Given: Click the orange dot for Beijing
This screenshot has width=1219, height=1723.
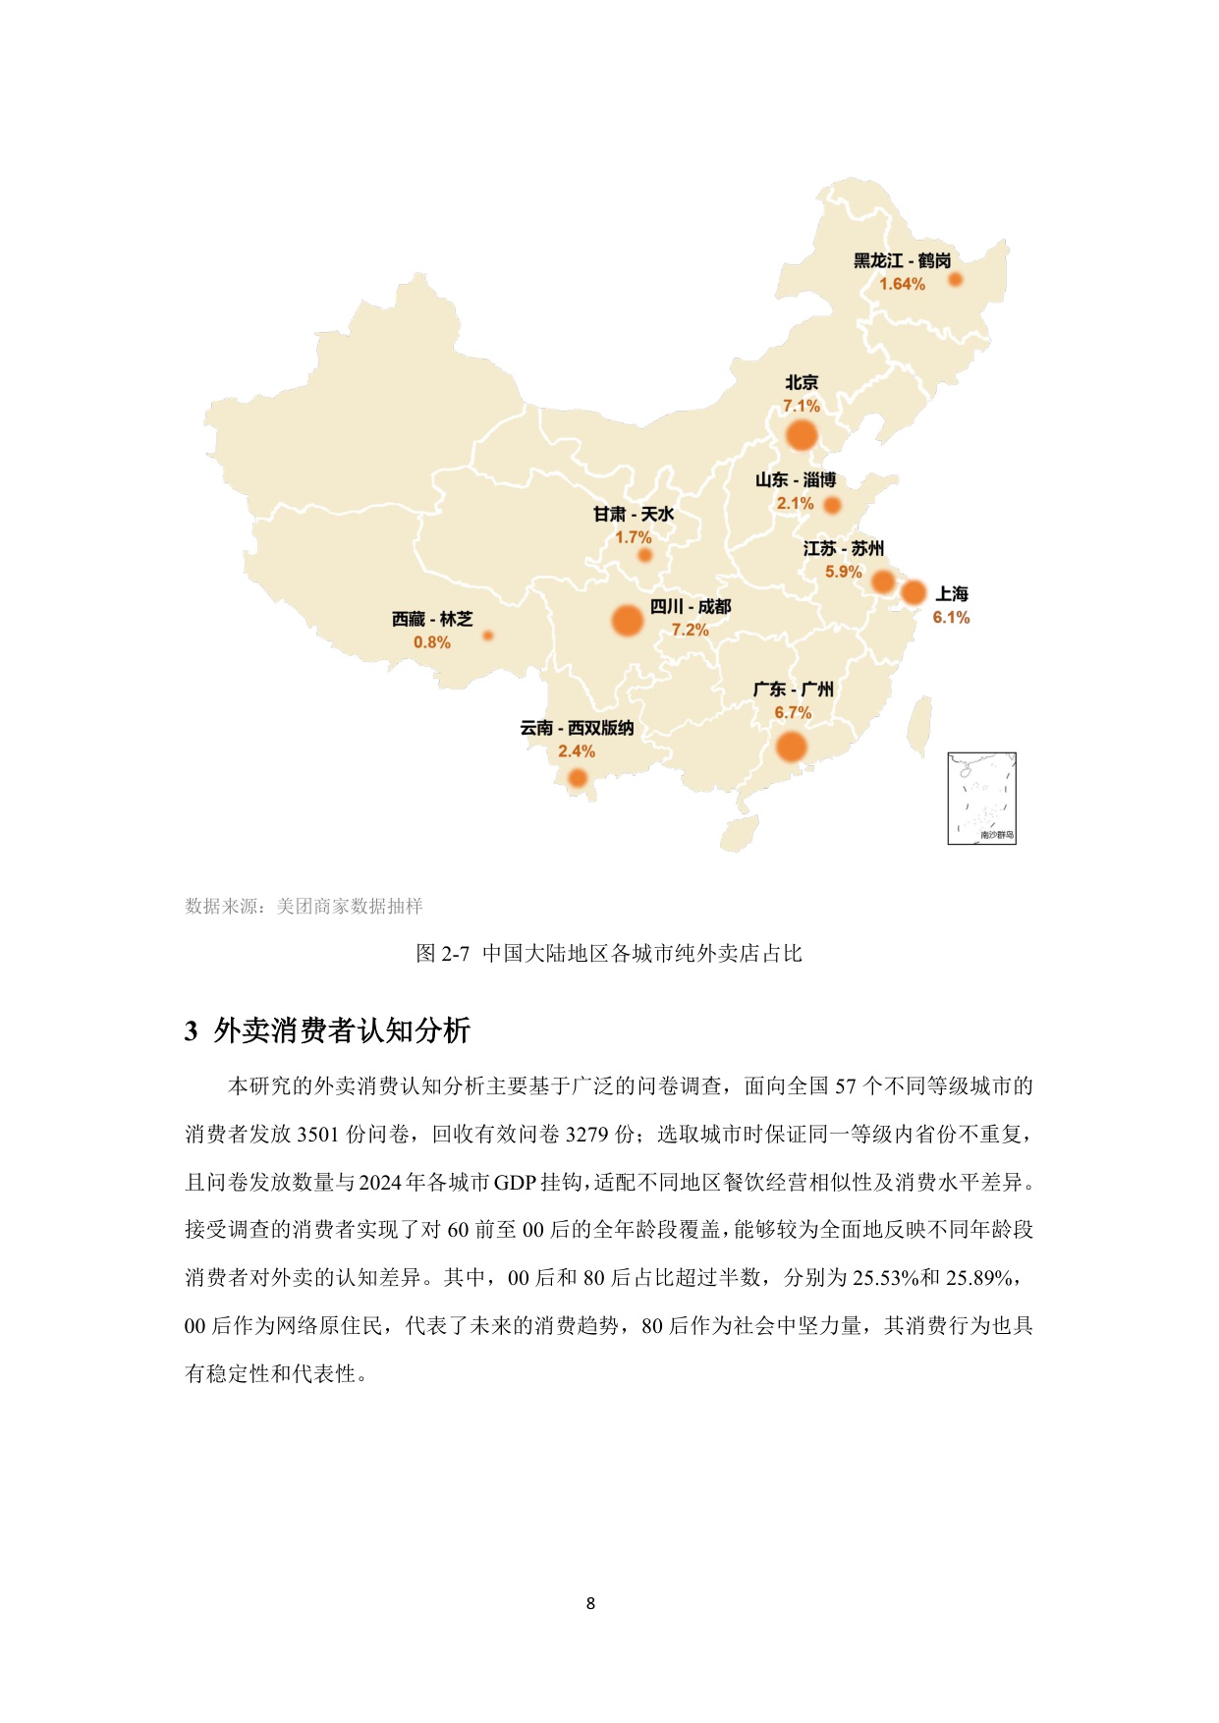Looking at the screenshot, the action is pos(802,435).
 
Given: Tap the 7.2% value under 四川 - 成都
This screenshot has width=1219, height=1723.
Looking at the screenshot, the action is pos(690,631).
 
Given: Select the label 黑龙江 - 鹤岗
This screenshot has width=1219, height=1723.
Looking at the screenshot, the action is pos(902,261).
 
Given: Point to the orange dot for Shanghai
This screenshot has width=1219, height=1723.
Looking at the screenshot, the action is pos(914,592).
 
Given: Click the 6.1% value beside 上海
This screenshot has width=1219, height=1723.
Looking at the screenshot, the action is pos(951,618).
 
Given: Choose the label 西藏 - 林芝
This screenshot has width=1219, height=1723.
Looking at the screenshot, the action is pos(432,620).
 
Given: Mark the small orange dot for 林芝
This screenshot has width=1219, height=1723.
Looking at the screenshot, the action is pos(488,636).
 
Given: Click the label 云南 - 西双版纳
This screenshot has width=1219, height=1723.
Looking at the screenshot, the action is pos(577,728).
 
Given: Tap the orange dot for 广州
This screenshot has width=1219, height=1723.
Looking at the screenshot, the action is pos(791,748).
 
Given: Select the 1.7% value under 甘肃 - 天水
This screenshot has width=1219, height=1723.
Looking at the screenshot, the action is pos(634,538).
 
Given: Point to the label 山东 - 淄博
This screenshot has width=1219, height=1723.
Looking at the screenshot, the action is pos(796,480).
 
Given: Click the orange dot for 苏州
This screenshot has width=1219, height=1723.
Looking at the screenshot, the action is pos(883,582).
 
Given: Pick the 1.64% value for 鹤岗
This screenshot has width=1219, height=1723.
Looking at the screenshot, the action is pos(902,285).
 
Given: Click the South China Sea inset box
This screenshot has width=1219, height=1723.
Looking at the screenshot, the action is pos(981,798).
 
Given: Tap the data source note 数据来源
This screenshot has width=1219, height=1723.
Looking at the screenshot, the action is pos(304,907).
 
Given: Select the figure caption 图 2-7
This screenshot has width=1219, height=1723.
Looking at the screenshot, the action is pos(609,954).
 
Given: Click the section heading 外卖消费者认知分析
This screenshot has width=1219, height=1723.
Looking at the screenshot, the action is pos(341,1031).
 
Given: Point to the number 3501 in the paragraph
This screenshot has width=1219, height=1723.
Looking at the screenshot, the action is pos(317,1135).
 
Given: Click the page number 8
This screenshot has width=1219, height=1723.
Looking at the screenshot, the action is pos(590,1603).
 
